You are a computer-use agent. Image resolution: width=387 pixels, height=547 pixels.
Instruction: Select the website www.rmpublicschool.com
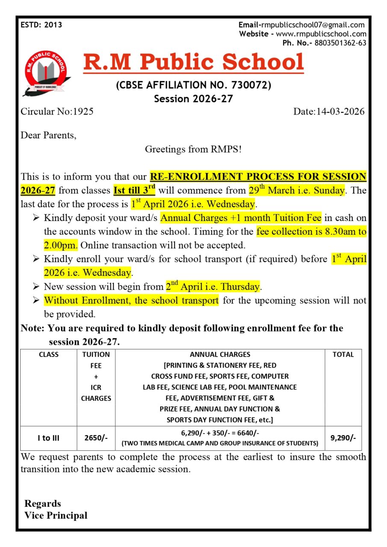pos(321,34)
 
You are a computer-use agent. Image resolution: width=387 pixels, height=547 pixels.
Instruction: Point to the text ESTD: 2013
pos(41,25)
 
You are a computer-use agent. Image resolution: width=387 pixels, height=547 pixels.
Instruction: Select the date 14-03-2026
pos(340,112)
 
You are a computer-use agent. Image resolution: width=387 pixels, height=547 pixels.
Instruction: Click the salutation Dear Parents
pos(49,135)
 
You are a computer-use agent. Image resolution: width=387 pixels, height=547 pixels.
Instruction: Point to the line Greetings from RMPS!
pos(193,149)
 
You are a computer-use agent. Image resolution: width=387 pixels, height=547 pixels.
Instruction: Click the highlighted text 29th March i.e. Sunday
pos(296,190)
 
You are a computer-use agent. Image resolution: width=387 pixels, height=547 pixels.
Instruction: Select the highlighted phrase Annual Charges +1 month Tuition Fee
pos(241,218)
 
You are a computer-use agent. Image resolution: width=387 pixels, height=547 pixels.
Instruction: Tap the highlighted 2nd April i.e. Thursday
pos(213,286)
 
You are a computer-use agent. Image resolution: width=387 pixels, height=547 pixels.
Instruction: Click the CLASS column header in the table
pos(49,354)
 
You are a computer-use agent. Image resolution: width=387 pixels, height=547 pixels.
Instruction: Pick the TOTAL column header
pos(343,354)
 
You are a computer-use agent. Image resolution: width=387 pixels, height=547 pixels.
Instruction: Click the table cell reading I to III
pos(49,438)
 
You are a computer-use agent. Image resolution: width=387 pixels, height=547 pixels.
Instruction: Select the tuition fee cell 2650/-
pos(96,438)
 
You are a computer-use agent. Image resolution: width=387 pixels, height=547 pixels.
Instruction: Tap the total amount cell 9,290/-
pos(343,438)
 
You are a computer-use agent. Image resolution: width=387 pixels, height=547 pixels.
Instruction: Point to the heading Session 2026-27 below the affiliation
pos(193,99)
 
